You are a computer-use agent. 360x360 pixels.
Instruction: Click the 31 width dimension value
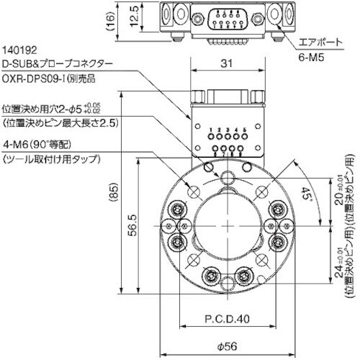pos(226,64)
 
